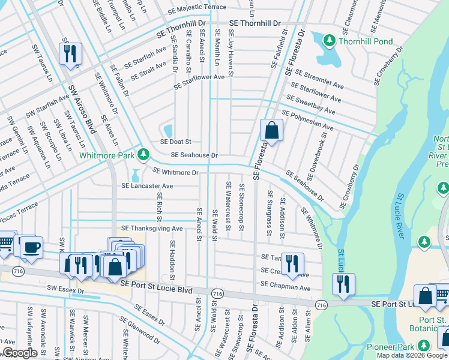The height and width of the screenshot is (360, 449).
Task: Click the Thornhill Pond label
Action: click(x=365, y=41)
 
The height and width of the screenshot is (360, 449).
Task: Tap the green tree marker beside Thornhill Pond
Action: click(x=329, y=41)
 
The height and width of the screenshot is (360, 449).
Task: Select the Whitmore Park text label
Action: click(x=107, y=155)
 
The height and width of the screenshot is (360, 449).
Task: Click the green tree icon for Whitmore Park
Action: click(x=143, y=155)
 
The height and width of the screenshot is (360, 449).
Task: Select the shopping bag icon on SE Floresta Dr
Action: click(x=271, y=130)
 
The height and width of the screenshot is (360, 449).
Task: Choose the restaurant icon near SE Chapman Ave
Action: click(x=343, y=284)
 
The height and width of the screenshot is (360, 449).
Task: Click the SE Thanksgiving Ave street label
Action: click(x=152, y=229)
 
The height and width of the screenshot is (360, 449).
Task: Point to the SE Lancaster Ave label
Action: click(x=147, y=186)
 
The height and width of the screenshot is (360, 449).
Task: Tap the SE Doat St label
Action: click(x=175, y=142)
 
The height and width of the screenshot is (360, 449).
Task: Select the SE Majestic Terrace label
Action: click(x=181, y=7)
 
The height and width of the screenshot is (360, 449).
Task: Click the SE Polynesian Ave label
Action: click(x=307, y=120)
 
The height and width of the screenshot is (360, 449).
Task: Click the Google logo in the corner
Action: click(x=20, y=353)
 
